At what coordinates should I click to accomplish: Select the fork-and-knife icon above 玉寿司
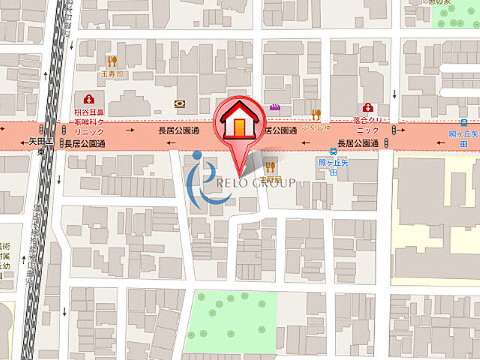click(x=112, y=61)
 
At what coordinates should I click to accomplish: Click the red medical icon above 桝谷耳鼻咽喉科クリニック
click(x=89, y=99)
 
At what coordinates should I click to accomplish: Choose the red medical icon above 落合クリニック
click(x=368, y=108)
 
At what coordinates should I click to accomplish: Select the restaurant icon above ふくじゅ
click(x=316, y=115)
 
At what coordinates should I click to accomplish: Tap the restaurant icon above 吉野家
click(x=270, y=167)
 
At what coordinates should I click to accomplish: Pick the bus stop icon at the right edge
click(x=464, y=122)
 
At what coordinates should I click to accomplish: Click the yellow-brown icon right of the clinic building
click(x=179, y=103)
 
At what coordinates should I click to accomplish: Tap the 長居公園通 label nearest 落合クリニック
click(x=357, y=142)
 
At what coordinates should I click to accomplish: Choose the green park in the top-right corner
click(x=457, y=15)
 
